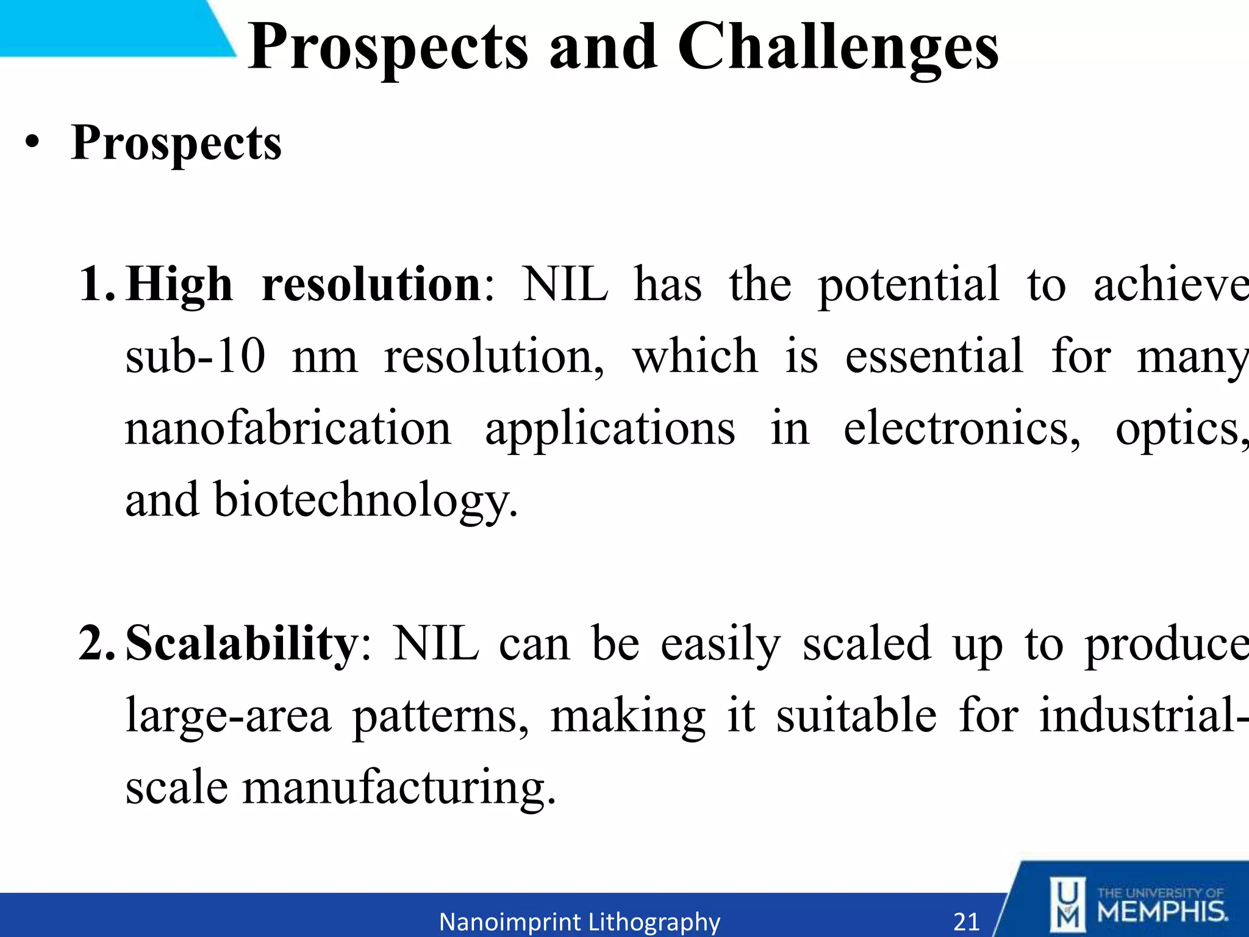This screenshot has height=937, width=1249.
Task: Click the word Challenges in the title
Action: (837, 48)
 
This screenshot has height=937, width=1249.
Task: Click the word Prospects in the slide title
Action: (388, 48)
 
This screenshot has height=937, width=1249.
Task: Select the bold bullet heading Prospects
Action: (176, 144)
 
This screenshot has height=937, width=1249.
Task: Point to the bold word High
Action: (179, 285)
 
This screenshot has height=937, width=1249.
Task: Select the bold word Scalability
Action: (242, 644)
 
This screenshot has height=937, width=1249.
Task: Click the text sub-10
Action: (195, 356)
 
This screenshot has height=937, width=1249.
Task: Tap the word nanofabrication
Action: (288, 428)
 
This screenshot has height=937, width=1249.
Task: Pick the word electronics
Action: (961, 428)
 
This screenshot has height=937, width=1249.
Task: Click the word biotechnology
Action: (365, 500)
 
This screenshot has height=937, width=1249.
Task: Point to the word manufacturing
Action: (399, 787)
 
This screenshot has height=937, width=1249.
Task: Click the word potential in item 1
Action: (908, 285)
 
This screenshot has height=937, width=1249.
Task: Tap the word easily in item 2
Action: (720, 644)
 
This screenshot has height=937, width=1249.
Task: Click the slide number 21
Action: (966, 921)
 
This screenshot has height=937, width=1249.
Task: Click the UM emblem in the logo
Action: (1067, 905)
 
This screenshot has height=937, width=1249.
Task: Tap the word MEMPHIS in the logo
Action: (1162, 912)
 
